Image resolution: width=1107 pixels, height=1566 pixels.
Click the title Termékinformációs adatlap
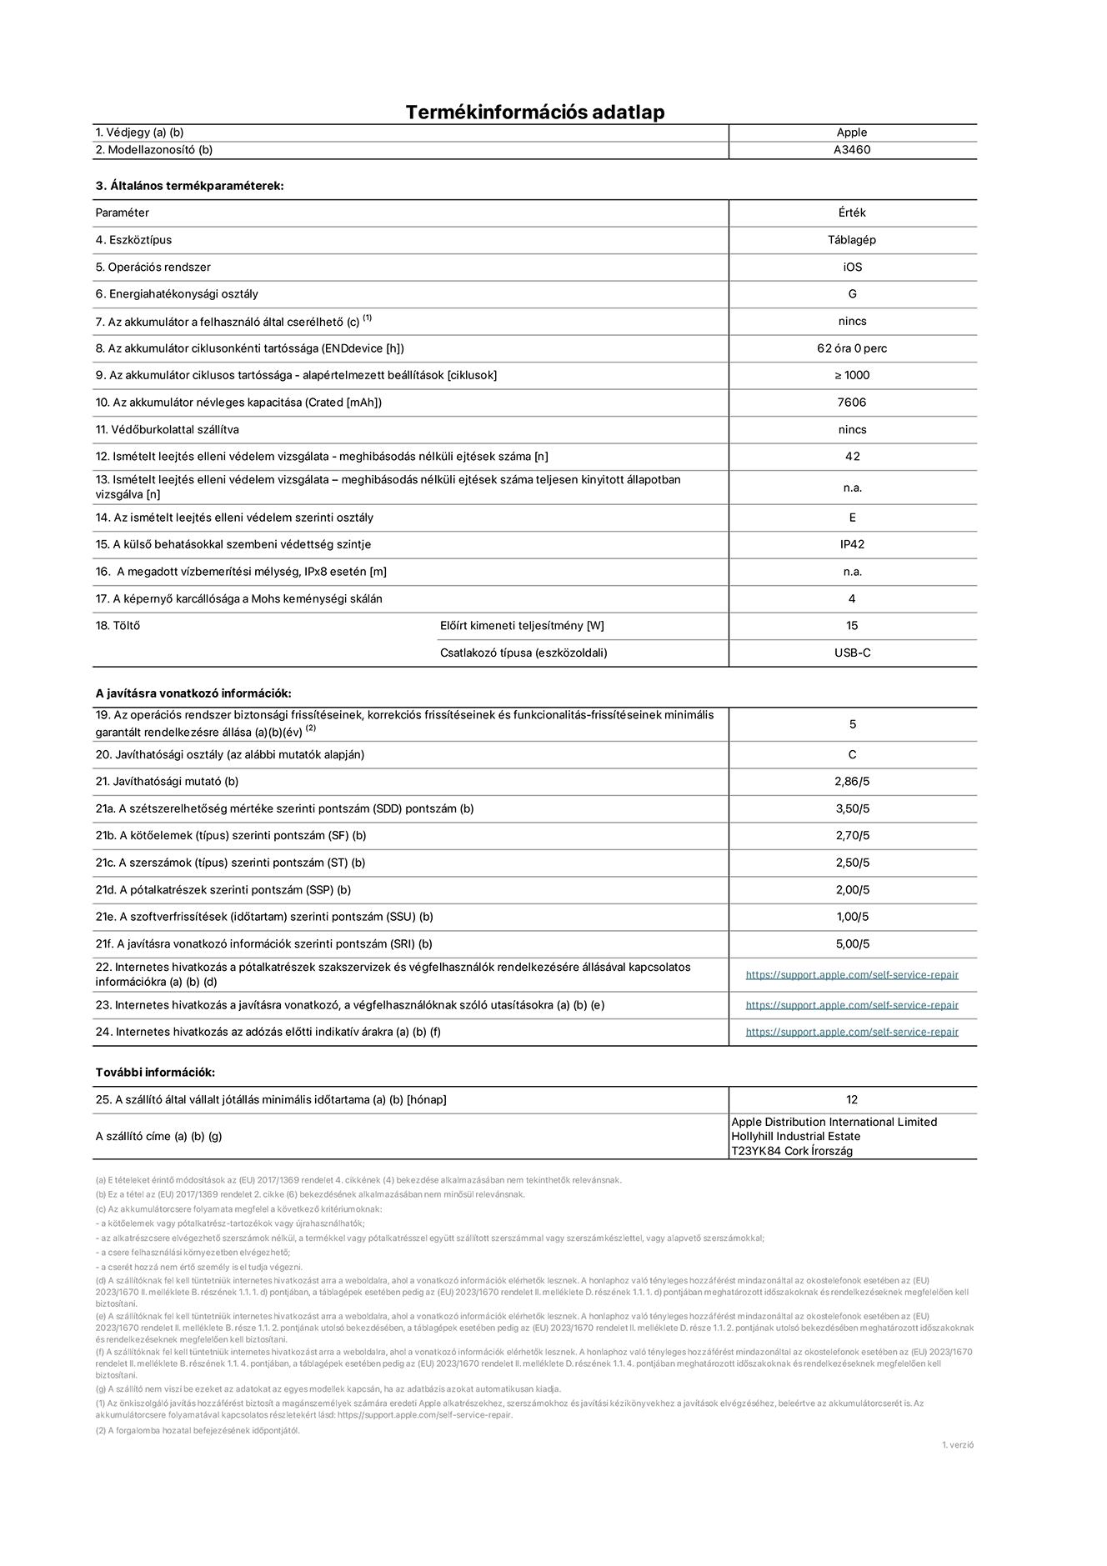534,112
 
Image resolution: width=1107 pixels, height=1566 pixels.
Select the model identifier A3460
851,150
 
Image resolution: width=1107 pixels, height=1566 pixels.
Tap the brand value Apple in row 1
851,133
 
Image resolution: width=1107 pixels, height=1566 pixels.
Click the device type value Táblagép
851,240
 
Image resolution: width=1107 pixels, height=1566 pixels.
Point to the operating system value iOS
851,268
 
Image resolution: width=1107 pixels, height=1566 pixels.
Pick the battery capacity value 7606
851,403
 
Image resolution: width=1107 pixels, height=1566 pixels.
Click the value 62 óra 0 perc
851,348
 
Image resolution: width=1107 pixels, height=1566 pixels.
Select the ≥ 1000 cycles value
851,375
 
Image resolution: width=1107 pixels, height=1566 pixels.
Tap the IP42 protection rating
851,544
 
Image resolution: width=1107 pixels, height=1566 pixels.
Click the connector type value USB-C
851,653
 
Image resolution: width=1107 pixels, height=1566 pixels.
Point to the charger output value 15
851,626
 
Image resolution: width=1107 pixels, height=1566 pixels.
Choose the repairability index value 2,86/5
851,782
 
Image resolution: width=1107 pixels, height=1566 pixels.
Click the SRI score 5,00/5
851,944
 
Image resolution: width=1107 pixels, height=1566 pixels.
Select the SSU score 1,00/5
851,917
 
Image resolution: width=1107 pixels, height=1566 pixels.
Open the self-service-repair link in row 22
851,974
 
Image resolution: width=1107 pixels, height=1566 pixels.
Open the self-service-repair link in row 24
851,1032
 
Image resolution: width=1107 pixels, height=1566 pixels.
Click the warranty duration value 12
851,1100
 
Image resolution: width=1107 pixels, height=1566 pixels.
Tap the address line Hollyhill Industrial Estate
795,1137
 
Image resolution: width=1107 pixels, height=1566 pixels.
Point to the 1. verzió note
957,1445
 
